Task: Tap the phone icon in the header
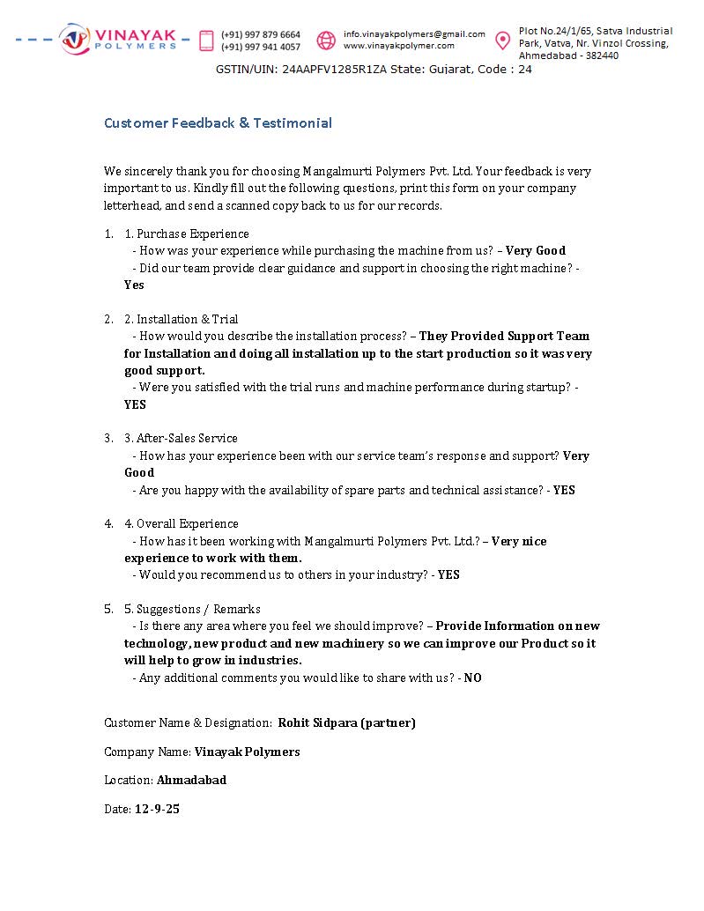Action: [207, 41]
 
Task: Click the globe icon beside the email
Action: [326, 41]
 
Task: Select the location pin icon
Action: [502, 41]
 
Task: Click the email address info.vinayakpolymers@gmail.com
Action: [414, 34]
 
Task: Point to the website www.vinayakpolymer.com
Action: [399, 46]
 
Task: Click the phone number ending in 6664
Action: [261, 35]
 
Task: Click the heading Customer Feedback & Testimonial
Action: [218, 123]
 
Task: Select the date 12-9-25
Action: [157, 809]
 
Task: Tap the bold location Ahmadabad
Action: [191, 780]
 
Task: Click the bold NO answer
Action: [473, 678]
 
